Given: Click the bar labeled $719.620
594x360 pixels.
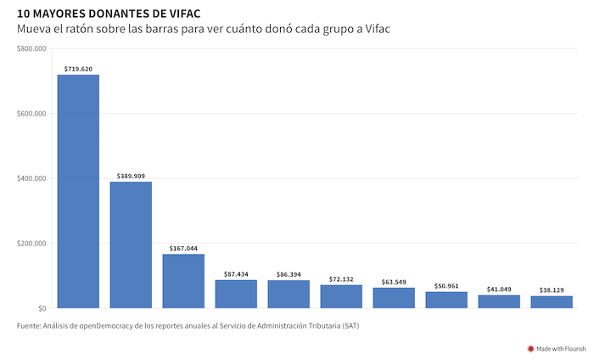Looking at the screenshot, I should click(x=78, y=191).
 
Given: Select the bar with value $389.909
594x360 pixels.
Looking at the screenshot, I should click(x=131, y=245).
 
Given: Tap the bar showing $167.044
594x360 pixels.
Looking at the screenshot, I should click(x=183, y=281).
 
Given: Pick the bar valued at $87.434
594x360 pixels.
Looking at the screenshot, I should click(x=236, y=294).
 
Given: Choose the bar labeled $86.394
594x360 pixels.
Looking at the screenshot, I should click(x=289, y=294).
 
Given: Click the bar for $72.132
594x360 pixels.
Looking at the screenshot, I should click(x=341, y=296).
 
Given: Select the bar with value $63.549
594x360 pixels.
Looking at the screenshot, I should click(x=394, y=298).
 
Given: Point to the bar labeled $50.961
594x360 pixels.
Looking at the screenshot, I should click(x=446, y=300).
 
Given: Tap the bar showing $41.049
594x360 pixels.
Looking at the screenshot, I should click(x=499, y=301).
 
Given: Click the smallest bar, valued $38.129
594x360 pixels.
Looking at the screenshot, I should click(x=552, y=302).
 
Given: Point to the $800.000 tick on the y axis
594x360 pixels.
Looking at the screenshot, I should click(x=31, y=49).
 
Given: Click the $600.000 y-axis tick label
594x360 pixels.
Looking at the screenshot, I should click(x=31, y=114).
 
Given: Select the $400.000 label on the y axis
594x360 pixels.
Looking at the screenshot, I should click(x=31, y=178).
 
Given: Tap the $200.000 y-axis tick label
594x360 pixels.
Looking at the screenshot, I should click(x=31, y=244).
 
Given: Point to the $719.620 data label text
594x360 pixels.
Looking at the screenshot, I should click(x=78, y=68).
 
